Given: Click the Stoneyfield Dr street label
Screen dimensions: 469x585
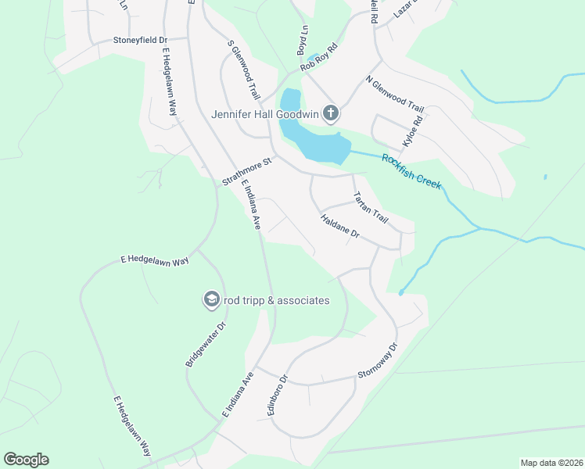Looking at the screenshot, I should (x=141, y=39).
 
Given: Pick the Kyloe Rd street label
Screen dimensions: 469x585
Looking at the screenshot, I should (x=412, y=131).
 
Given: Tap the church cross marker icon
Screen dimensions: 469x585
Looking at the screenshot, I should (x=331, y=113).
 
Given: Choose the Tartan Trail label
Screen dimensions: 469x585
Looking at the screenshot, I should (x=371, y=208).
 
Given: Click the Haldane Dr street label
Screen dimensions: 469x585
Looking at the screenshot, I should (x=339, y=227).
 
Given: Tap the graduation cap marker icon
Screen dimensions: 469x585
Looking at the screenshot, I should (x=210, y=299).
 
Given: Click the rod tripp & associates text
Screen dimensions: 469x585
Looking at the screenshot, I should (x=276, y=300).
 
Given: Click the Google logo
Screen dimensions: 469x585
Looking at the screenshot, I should (x=26, y=460).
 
